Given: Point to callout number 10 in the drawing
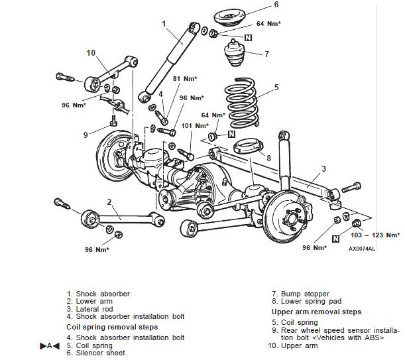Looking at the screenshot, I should click(x=91, y=53).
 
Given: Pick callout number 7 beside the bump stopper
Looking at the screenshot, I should click(x=266, y=54).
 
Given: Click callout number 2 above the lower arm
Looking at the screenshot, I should click(x=109, y=202).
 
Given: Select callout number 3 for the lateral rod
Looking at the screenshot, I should click(x=323, y=169).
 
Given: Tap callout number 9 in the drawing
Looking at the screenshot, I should click(x=86, y=135).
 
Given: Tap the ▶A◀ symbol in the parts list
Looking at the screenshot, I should click(x=50, y=345).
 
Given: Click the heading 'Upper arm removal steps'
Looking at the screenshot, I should click(x=316, y=311).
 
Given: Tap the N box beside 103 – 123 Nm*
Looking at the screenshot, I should click(x=336, y=237).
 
